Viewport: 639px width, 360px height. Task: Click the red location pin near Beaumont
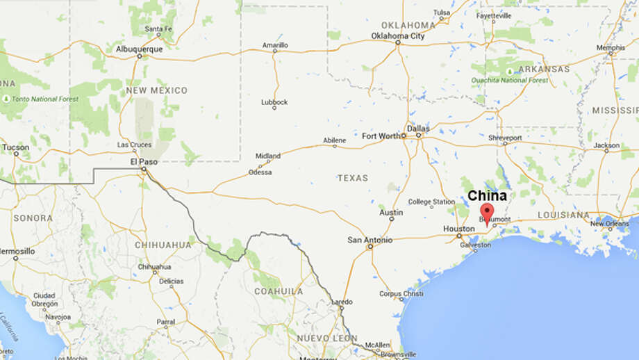tap(487, 212)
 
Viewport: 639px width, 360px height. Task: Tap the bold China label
tap(487, 196)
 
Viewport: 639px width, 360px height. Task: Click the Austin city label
tap(391, 212)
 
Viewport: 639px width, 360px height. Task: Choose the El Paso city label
tap(144, 162)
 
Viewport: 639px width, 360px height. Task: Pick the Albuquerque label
tap(140, 49)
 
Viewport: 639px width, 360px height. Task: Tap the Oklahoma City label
tap(397, 35)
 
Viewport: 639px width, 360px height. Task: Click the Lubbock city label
tap(274, 101)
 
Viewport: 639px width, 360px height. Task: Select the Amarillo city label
tap(274, 44)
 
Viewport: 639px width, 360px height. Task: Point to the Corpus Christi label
tap(401, 293)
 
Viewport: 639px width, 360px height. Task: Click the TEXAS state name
tap(353, 178)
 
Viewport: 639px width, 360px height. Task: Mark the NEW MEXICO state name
tap(156, 90)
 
